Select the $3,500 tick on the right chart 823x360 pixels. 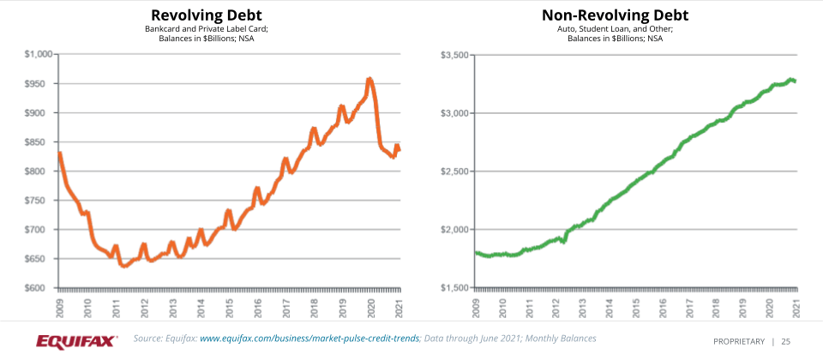[454, 55]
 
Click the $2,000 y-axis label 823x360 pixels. [454, 230]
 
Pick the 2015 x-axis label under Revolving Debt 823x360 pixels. [229, 307]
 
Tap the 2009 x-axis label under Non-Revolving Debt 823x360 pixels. [477, 307]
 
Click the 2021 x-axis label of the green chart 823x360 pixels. [796, 307]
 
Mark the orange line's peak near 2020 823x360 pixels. [369, 79]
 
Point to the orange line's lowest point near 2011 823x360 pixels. [124, 266]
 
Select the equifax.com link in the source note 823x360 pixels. [309, 339]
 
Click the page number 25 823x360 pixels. [785, 341]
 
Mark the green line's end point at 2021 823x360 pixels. [795, 81]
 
